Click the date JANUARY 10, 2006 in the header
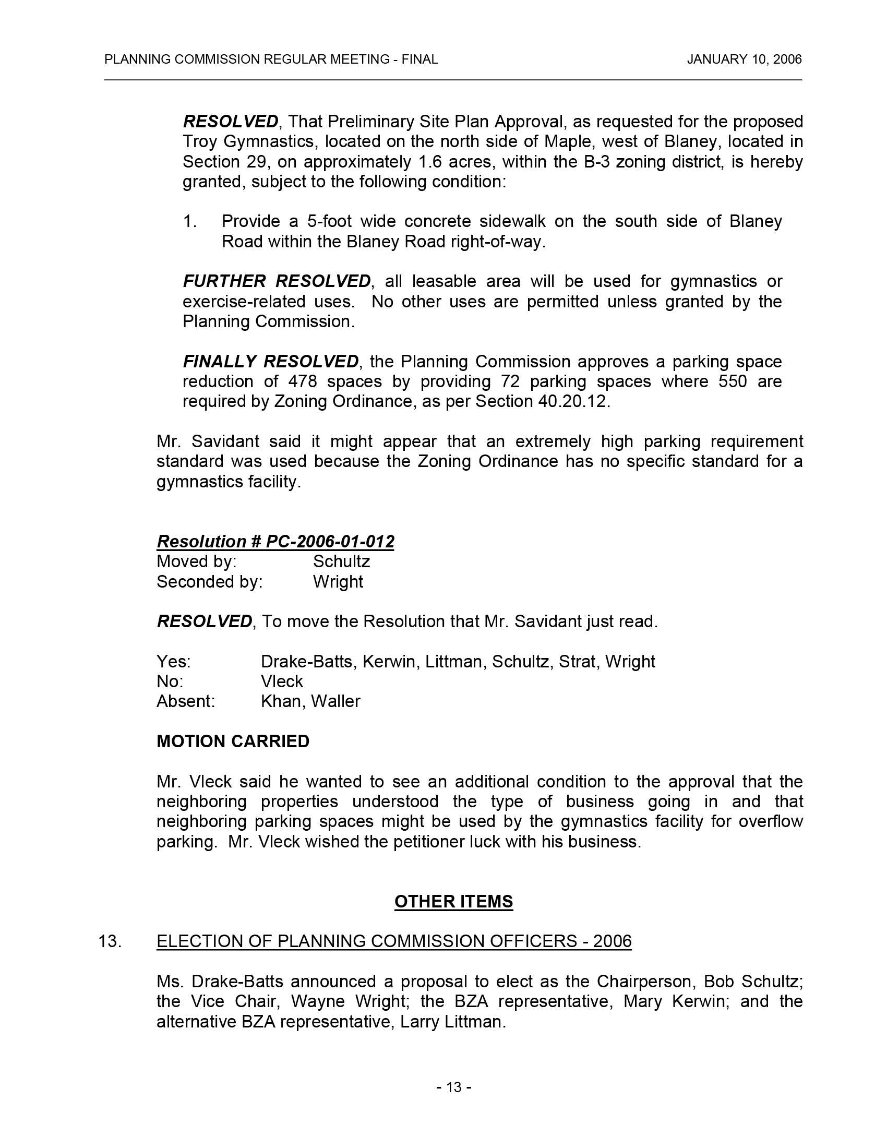744,59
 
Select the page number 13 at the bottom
453,1086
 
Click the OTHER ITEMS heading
453,901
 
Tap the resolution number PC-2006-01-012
329,542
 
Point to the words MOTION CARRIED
233,741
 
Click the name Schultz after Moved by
342,561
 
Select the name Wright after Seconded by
338,581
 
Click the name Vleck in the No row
282,681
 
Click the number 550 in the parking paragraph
732,381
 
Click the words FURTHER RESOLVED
277,281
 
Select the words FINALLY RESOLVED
271,362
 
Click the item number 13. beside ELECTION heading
110,941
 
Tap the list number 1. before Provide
190,221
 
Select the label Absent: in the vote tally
186,701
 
